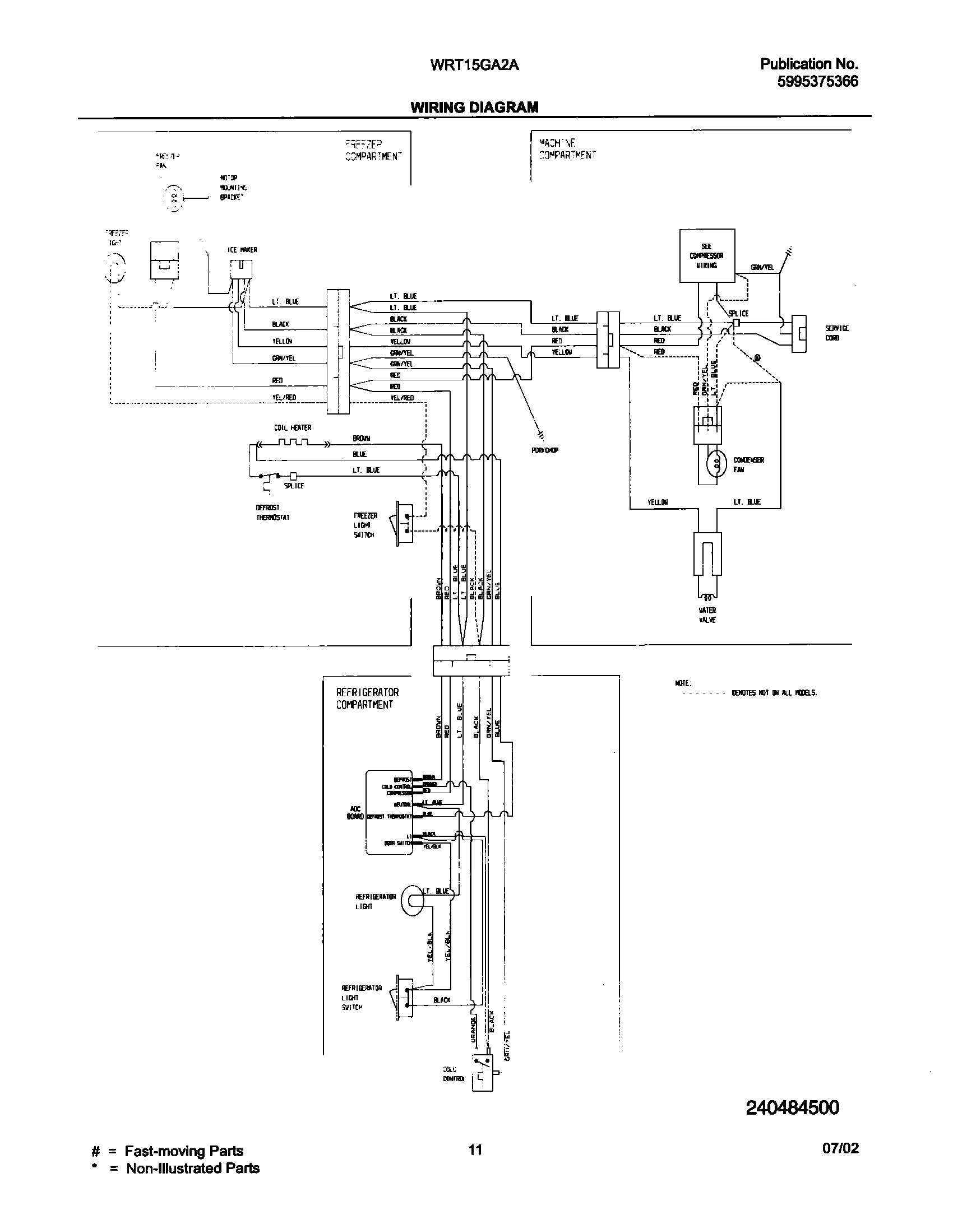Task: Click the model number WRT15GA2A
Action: [x=474, y=65]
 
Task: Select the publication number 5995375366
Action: [x=817, y=82]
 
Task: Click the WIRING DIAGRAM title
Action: [x=474, y=107]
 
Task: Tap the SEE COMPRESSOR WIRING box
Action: [x=706, y=255]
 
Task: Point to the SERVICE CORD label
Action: [x=836, y=333]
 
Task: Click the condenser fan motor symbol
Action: [x=716, y=463]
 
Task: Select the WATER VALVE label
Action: [x=707, y=615]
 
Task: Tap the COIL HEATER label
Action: [x=293, y=427]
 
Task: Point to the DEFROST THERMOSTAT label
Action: [x=272, y=513]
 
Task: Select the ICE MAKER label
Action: [x=242, y=250]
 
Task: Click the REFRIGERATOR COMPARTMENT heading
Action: [x=367, y=699]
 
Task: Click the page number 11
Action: [x=475, y=1166]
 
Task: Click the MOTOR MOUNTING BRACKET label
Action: [x=233, y=188]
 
